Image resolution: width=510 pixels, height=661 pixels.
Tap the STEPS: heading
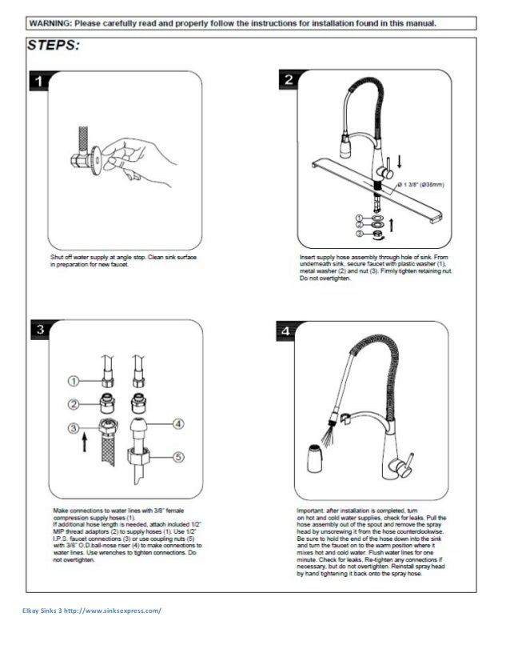click(54, 46)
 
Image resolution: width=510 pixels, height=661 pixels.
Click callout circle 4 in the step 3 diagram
click(178, 423)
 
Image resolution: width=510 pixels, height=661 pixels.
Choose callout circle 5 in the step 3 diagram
click(178, 458)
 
